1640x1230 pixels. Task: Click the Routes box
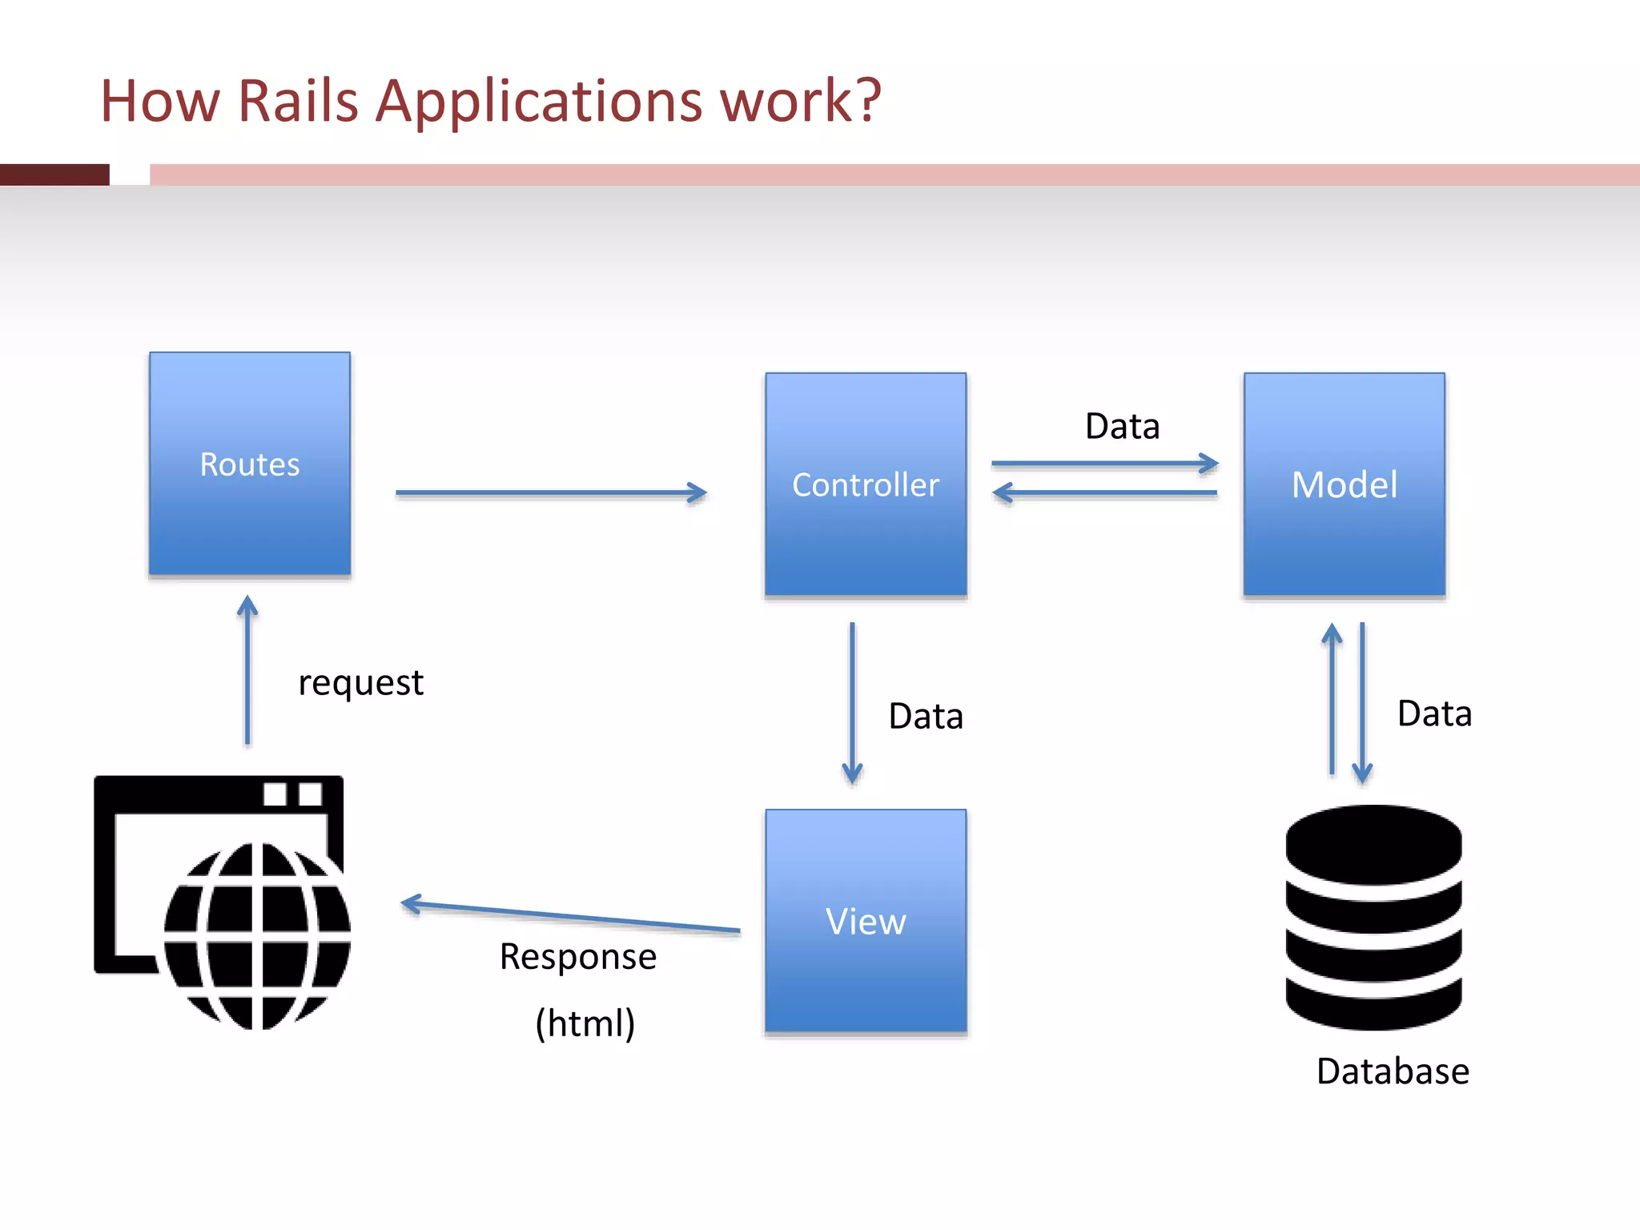coord(250,464)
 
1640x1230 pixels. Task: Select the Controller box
coord(866,484)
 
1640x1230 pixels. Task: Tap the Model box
coord(1345,484)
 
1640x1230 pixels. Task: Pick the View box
coord(866,921)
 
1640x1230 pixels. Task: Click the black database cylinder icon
coord(1374,918)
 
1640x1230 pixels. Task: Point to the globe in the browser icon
coord(257,936)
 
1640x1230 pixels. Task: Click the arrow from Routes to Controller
coord(551,492)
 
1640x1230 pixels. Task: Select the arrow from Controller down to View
coord(852,703)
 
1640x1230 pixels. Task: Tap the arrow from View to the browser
coord(570,917)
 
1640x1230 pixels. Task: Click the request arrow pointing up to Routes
coord(247,670)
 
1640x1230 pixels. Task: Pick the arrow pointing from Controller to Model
coord(1105,463)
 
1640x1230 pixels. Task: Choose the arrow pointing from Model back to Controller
coord(1105,492)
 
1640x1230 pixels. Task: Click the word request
coord(360,683)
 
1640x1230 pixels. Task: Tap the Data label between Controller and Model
coord(1123,426)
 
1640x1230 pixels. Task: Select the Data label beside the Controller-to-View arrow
coord(926,716)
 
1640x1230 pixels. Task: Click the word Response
coord(578,957)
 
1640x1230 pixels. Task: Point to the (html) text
coord(585,1023)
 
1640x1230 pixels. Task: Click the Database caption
coord(1393,1071)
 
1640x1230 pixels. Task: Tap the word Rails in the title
coord(298,101)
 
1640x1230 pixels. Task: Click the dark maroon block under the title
coord(54,175)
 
